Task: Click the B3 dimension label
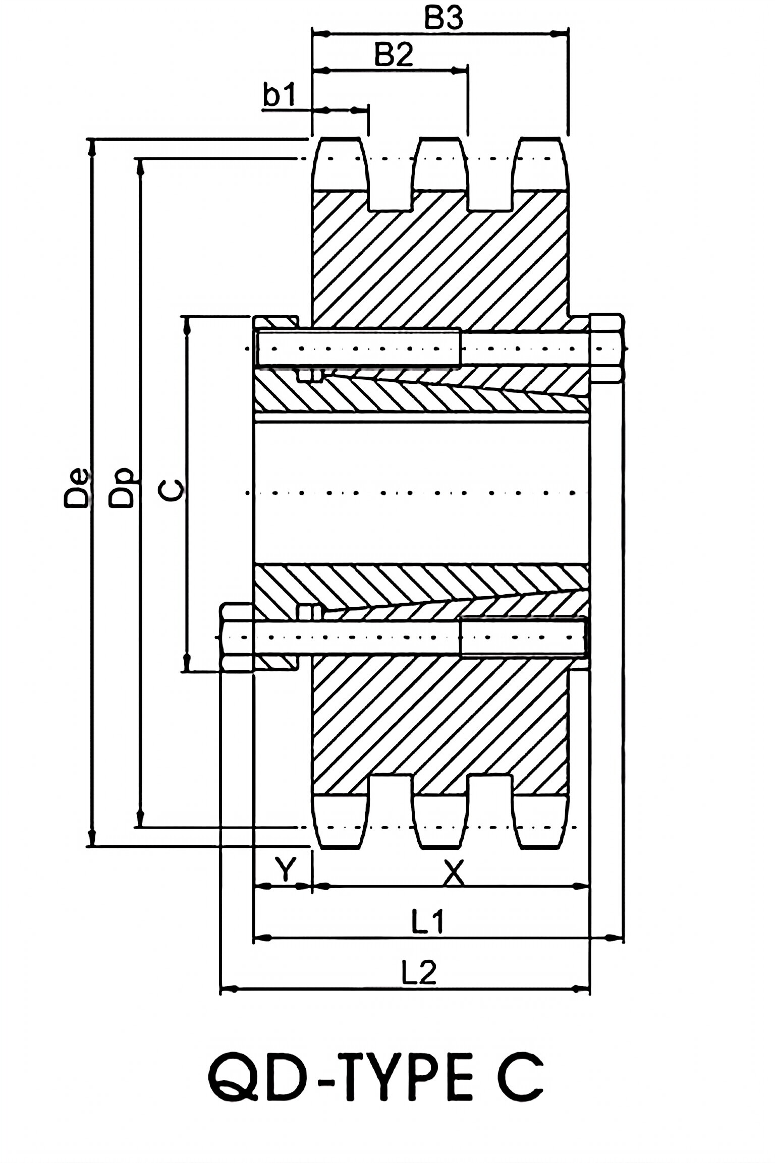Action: (443, 19)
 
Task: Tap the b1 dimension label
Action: (280, 95)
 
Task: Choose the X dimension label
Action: (453, 872)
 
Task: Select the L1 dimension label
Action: (427, 921)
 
